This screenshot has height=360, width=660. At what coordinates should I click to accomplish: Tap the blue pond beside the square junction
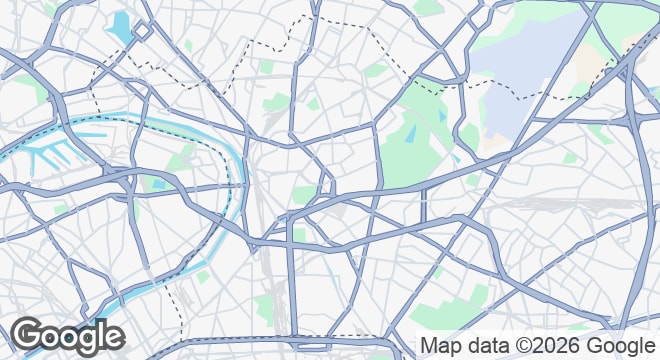click(x=123, y=24)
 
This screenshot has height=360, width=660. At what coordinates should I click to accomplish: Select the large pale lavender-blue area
click(x=525, y=70)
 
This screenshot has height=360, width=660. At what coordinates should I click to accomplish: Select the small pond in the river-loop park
click(x=157, y=184)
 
